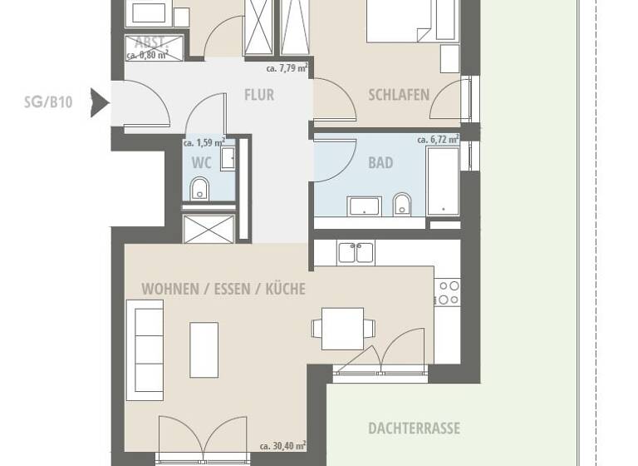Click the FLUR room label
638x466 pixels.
pyautogui.click(x=258, y=95)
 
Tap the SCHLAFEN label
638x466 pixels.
pyautogui.click(x=399, y=95)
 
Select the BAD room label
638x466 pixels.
pyautogui.click(x=380, y=163)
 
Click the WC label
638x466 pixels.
pyautogui.click(x=201, y=163)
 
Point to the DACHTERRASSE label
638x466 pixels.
pyautogui.click(x=414, y=429)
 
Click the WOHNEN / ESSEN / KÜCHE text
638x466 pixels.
pyautogui.click(x=223, y=290)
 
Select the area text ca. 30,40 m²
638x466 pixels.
pyautogui.click(x=282, y=446)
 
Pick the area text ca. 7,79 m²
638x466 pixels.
pyautogui.click(x=287, y=69)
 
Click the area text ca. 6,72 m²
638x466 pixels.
pyautogui.click(x=437, y=140)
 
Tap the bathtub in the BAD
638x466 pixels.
pyautogui.click(x=443, y=181)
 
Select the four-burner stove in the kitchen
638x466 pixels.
pyautogui.click(x=449, y=291)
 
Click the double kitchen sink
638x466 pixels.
pyautogui.click(x=356, y=252)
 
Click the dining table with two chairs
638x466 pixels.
pyautogui.click(x=342, y=329)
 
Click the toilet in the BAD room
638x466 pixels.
pyautogui.click(x=402, y=203)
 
